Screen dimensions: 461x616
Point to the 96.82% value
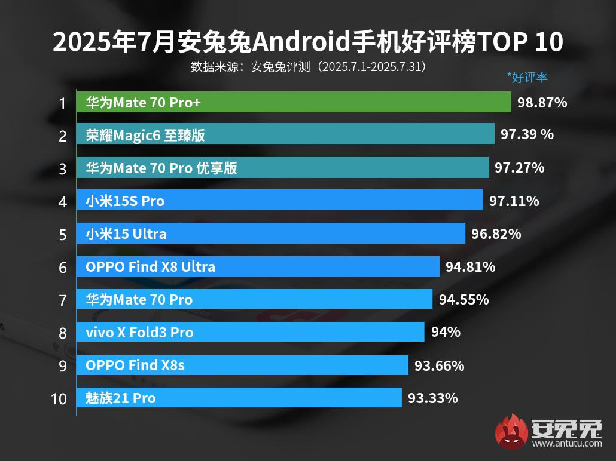[496, 233]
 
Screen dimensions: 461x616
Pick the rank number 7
[63, 300]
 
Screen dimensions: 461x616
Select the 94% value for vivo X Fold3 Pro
[446, 332]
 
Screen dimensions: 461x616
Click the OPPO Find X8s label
[135, 365]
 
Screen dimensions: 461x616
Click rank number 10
[59, 398]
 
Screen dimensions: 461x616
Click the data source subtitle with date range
[308, 66]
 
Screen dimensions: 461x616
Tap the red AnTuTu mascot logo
[511, 431]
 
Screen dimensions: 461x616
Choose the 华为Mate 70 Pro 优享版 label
[161, 168]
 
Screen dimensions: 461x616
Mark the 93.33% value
[432, 398]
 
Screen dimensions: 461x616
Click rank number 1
[62, 103]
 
